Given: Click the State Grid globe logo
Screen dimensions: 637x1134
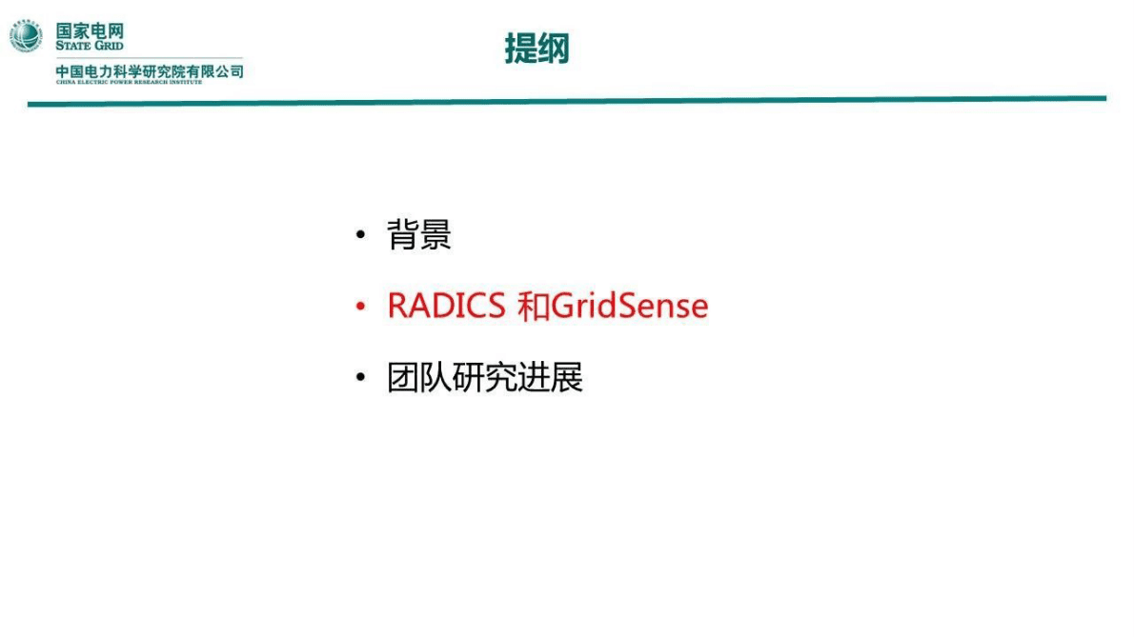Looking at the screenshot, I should (27, 36).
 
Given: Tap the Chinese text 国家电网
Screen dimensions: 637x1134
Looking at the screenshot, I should (89, 30).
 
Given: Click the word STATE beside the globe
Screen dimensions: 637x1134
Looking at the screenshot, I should (72, 46).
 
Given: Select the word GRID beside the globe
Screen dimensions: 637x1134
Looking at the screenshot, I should (107, 46).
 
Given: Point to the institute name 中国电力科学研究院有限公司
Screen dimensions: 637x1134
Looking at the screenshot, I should (150, 70).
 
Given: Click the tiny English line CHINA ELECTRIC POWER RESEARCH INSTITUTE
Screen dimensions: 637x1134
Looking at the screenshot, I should (129, 82).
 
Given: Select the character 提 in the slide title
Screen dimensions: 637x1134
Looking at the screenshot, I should (520, 49).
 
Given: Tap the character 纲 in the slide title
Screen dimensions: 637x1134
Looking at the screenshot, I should (553, 49).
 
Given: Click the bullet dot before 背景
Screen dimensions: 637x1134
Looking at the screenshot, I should (360, 235).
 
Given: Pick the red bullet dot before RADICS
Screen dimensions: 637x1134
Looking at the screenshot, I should (360, 307).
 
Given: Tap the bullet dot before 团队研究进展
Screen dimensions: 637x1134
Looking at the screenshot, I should (360, 378).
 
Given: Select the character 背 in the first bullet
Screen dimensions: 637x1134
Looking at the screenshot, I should (403, 235).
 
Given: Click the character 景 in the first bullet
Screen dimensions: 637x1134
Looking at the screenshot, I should (435, 235).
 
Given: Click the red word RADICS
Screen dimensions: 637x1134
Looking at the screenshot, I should (446, 307).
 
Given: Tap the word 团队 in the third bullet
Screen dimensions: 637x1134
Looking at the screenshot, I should (419, 378).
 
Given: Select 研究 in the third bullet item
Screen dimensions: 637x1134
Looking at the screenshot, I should (485, 378).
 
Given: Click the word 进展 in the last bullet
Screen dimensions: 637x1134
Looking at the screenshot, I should (551, 378).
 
